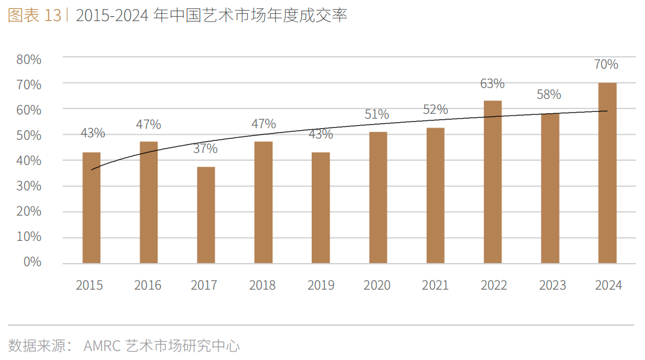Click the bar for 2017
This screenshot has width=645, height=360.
coord(206,215)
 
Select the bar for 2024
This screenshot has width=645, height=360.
coord(607,173)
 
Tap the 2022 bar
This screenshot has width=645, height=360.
coord(493,182)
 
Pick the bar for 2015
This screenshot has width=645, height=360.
coord(91,208)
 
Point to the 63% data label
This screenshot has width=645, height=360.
coord(492,84)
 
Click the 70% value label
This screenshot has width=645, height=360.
coord(606,64)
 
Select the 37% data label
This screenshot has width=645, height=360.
coord(205,149)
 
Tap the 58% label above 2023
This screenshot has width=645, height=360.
coord(549,95)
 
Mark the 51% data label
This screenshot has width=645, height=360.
coord(377,114)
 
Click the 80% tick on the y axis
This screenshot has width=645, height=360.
coord(29,59)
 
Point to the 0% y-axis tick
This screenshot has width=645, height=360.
coord(32,262)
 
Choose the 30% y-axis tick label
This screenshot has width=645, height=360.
coord(29,186)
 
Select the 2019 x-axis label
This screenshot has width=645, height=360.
coord(321,285)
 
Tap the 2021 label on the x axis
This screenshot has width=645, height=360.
coord(435,285)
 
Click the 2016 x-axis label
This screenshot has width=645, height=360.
coord(148,285)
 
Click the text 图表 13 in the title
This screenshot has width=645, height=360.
coord(34,16)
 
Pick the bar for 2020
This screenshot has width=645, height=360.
coord(378,197)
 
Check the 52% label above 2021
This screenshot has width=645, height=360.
coord(435,110)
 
